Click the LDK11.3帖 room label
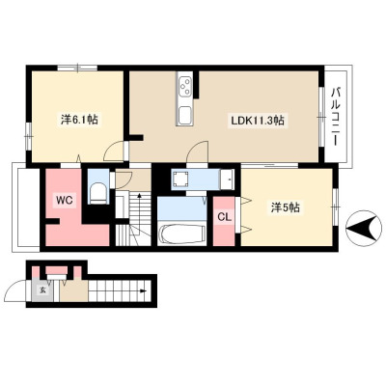pyautogui.click(x=258, y=121)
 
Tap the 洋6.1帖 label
pyautogui.click(x=79, y=120)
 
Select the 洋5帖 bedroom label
pyautogui.click(x=286, y=207)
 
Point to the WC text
pyautogui.click(x=65, y=201)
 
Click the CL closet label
pyautogui.click(x=224, y=217)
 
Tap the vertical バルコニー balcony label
pyautogui.click(x=337, y=116)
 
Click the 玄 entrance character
pyautogui.click(x=42, y=289)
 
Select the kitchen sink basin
pyautogui.click(x=184, y=114)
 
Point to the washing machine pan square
pyautogui.click(x=180, y=179)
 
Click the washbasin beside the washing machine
pyautogui.click(x=228, y=179)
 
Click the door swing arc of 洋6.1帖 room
pyautogui.click(x=113, y=149)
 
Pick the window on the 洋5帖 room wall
pyautogui.click(x=336, y=207)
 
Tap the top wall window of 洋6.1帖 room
pyautogui.click(x=77, y=68)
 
